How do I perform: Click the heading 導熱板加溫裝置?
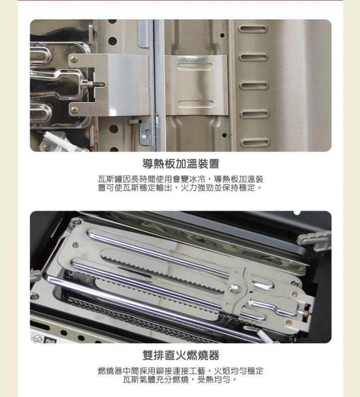pos(181,164)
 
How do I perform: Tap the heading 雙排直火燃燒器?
pos(181,355)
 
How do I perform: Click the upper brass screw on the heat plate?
pos(74,60)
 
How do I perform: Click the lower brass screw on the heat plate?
pos(74,110)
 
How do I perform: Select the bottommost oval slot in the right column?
pos(255,142)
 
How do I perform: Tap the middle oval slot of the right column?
pos(254,85)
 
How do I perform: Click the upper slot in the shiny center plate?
pos(195,66)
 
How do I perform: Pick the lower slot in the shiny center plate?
pos(196,104)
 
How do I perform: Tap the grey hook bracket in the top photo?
pos(145,133)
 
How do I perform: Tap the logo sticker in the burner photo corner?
pos(44,338)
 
